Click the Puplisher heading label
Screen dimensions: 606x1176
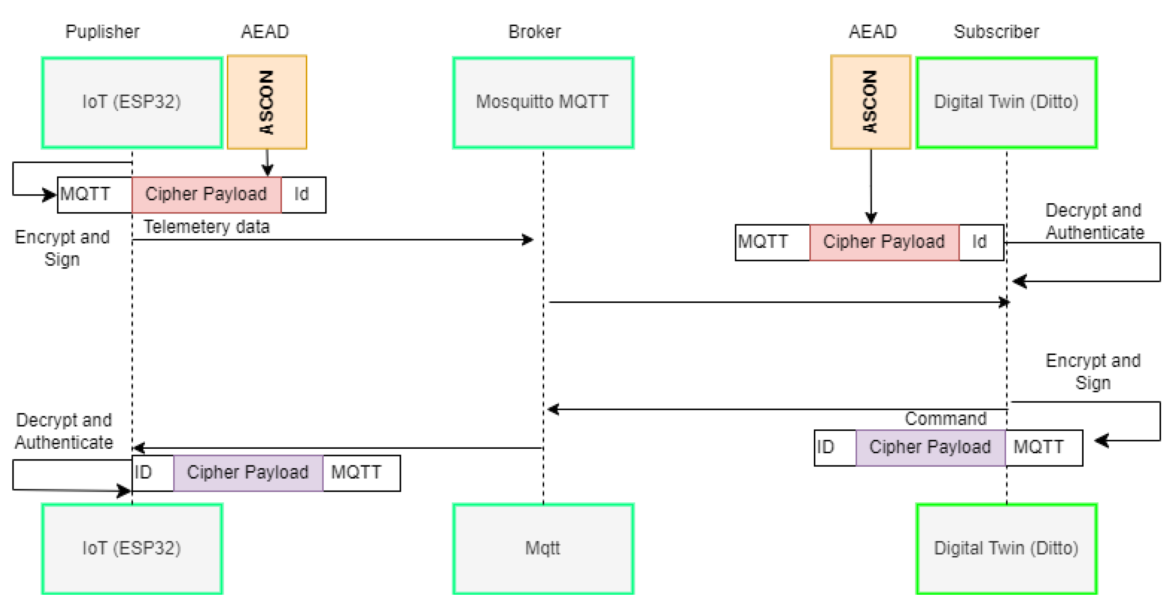[102, 32]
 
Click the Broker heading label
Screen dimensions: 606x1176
[534, 32]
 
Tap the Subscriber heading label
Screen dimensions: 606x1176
[996, 32]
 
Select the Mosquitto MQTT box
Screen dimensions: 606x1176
[543, 102]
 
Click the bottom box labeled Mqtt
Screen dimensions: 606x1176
[543, 548]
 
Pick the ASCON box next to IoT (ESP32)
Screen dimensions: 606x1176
[267, 102]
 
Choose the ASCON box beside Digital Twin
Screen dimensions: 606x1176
[870, 102]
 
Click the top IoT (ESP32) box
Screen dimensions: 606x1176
[132, 102]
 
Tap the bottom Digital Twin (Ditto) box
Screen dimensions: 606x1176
[1006, 548]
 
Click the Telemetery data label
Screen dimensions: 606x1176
[207, 227]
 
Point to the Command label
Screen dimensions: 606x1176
[946, 419]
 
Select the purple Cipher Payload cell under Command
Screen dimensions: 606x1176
[930, 447]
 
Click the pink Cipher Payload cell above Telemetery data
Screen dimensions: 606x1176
[207, 194]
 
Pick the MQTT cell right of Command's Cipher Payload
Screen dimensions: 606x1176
[1043, 447]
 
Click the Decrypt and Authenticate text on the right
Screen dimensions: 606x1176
[1094, 221]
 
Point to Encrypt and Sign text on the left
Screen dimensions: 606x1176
[62, 248]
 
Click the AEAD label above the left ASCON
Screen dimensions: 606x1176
[265, 32]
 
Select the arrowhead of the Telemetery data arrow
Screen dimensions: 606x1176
[528, 240]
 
